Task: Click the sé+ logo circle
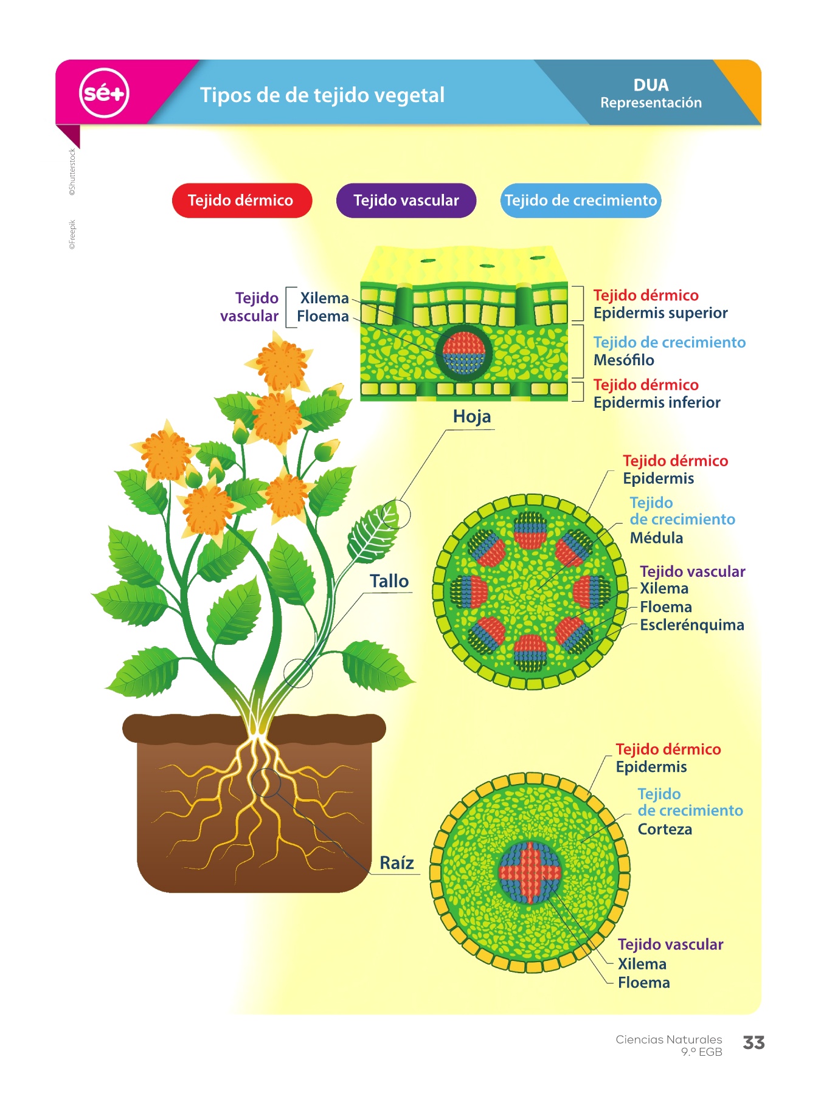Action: (104, 93)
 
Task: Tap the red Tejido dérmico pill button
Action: (241, 201)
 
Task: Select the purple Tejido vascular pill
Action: (406, 201)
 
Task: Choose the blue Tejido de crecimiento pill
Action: (580, 201)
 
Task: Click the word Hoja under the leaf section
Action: (471, 417)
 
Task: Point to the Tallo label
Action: (389, 581)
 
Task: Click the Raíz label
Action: (397, 863)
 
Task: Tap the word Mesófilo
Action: (623, 360)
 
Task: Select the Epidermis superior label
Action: (660, 313)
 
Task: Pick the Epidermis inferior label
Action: (657, 402)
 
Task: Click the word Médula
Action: (656, 538)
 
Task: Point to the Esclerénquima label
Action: (691, 625)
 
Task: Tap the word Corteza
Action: (665, 830)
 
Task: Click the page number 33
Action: (753, 1043)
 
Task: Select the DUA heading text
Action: (651, 85)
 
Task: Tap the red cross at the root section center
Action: (530, 872)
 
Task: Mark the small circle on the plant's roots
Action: (266, 782)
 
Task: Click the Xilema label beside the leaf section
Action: (324, 298)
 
